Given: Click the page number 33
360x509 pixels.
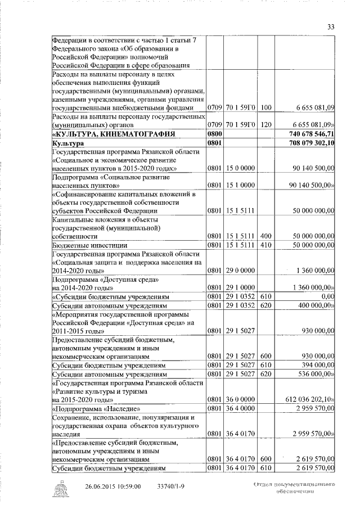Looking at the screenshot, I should click(x=331, y=26).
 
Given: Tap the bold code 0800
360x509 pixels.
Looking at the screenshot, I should click(x=215, y=134).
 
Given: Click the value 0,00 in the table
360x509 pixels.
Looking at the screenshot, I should click(x=327, y=296).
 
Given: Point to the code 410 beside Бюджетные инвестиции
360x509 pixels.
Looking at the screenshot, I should click(x=266, y=245).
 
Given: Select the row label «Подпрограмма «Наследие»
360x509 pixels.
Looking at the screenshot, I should click(x=96, y=408).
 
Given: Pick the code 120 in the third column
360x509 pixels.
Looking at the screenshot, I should click(x=266, y=124).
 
